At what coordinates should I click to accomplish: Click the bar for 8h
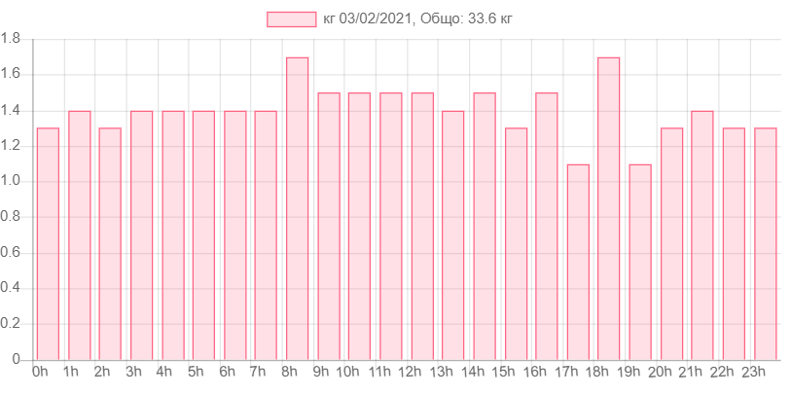click(x=298, y=208)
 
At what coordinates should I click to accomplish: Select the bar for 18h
click(x=609, y=208)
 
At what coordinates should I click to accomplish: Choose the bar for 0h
click(x=48, y=243)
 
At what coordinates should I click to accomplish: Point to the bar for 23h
click(x=766, y=243)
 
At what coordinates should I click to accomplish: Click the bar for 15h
click(x=516, y=243)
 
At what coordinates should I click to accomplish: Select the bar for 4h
click(x=173, y=234)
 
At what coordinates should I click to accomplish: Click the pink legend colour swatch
click(x=292, y=19)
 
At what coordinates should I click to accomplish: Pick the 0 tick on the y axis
click(x=16, y=359)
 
